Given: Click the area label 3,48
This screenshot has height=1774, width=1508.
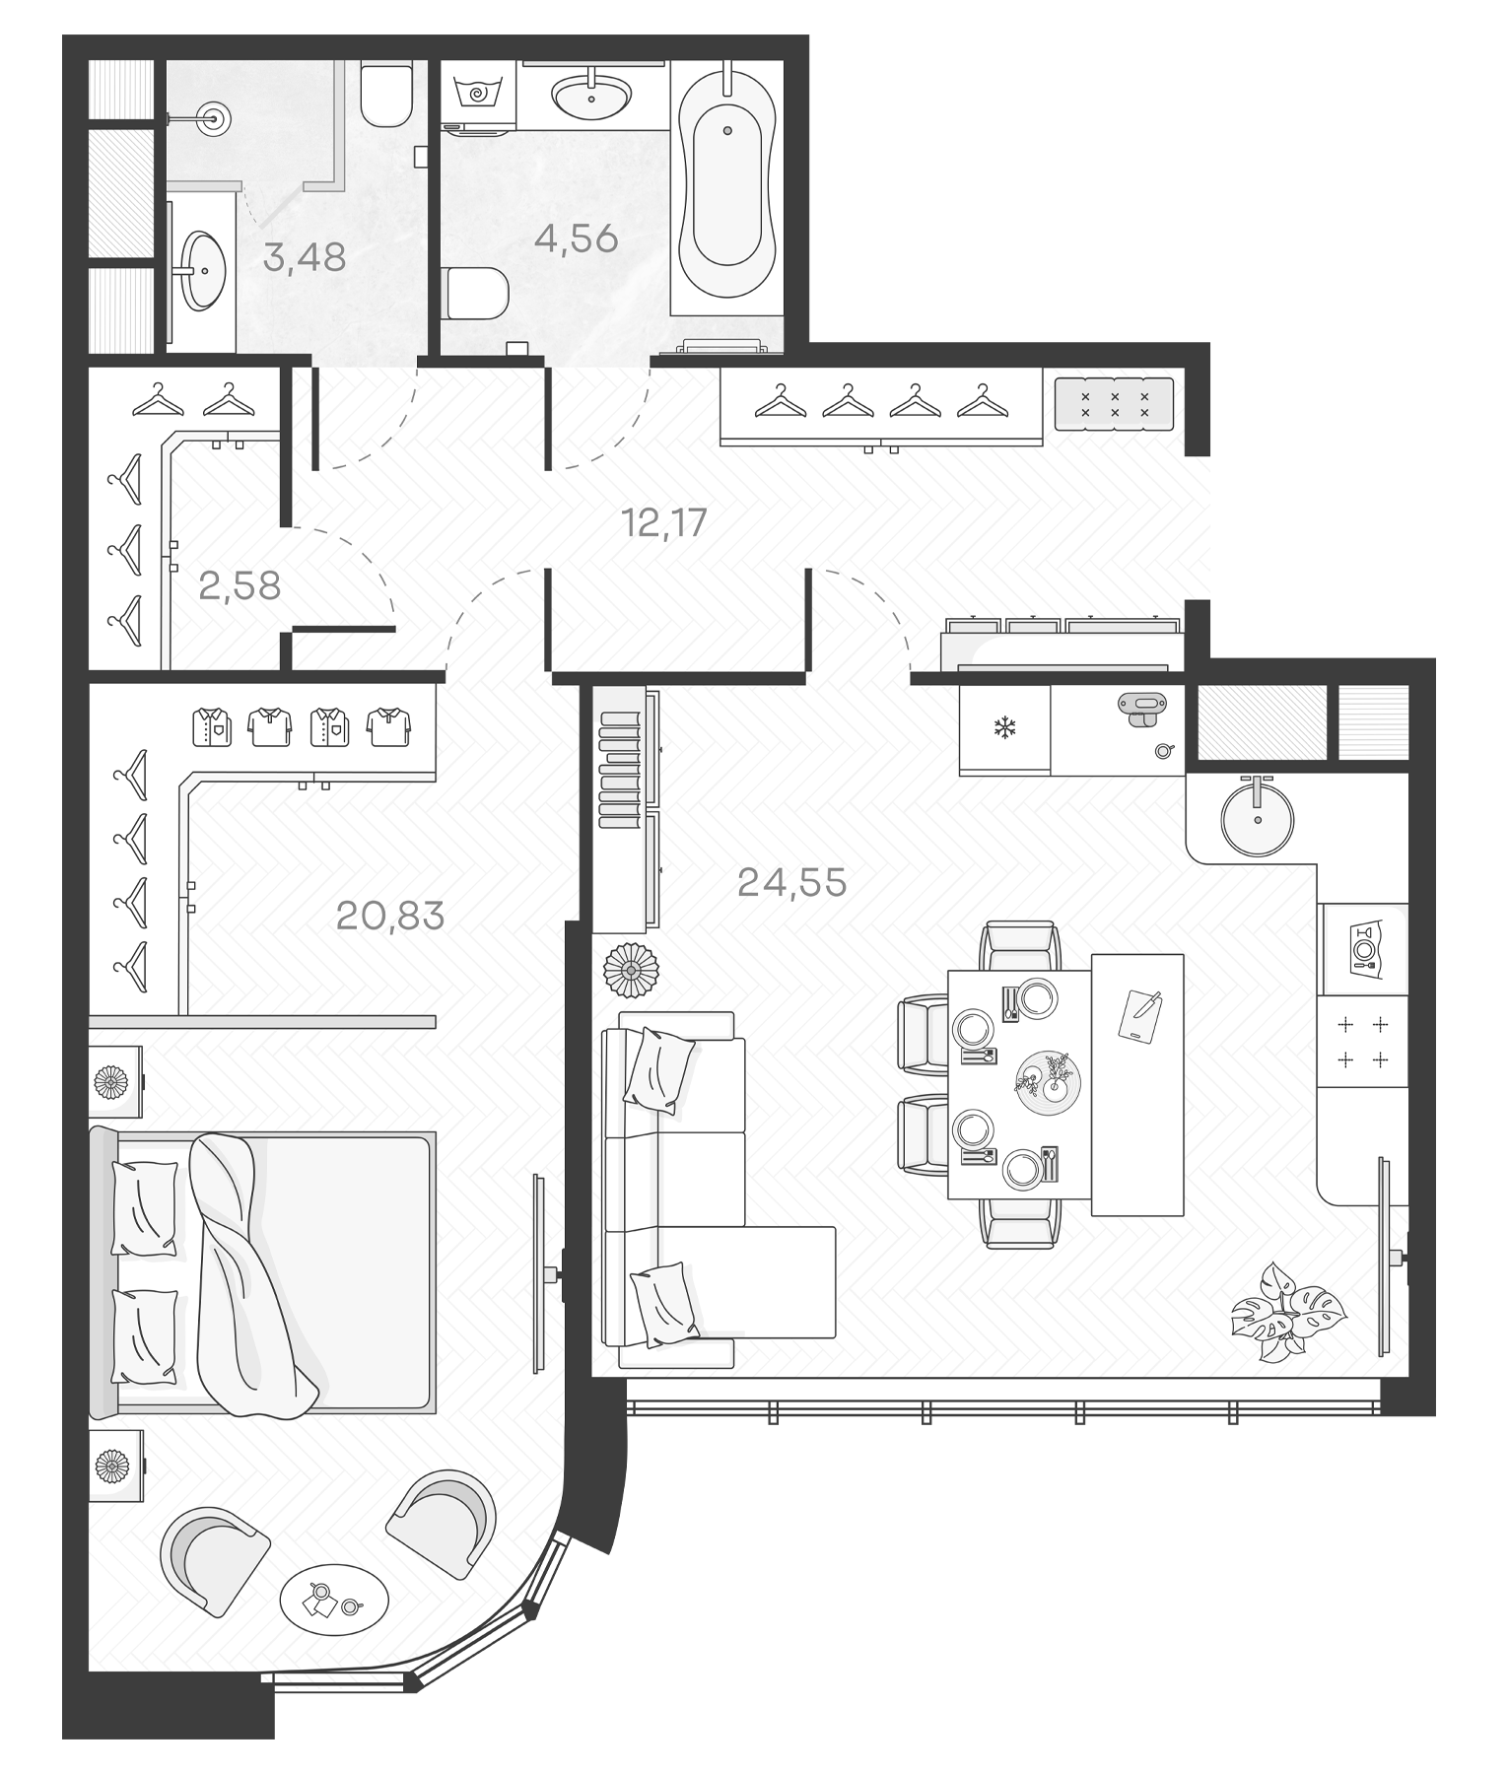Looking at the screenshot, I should (305, 258).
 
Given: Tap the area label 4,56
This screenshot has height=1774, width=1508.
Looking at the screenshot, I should (576, 239).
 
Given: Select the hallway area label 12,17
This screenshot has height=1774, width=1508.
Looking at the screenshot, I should (664, 522).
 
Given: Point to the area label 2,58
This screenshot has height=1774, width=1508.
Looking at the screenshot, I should (240, 586).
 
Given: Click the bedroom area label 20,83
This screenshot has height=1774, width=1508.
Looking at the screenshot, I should (390, 917).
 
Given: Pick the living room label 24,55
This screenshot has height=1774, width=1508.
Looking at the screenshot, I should (791, 883).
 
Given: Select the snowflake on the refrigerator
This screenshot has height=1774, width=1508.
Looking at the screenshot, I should (1004, 729).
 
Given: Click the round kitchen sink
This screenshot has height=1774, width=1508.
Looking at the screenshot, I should (1257, 818).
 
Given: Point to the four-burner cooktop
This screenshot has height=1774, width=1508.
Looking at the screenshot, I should (1362, 1042).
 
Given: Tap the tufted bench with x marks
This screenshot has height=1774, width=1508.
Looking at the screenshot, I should (1114, 404).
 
